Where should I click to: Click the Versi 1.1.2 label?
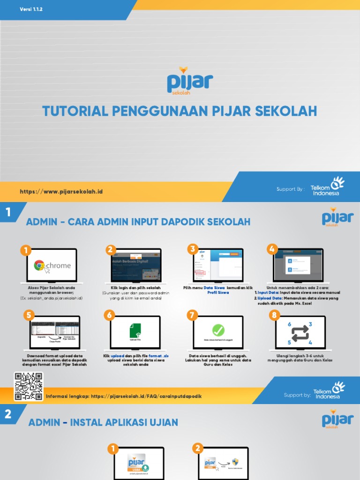click(x=31, y=9)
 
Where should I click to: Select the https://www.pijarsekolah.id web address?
click(x=61, y=192)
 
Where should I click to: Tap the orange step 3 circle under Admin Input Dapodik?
click(x=192, y=249)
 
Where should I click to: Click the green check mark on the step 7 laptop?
click(x=218, y=330)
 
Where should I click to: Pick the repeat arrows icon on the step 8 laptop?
click(x=300, y=333)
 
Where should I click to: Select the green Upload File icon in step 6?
click(x=135, y=331)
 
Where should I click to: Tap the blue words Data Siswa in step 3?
click(x=214, y=287)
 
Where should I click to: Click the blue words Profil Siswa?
click(x=218, y=292)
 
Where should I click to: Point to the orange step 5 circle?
click(x=29, y=315)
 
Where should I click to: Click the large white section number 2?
click(x=7, y=414)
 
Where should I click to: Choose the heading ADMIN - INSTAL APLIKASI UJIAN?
click(x=103, y=423)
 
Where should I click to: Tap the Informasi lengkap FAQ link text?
click(x=124, y=396)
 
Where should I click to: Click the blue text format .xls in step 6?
click(x=158, y=356)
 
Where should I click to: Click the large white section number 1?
click(x=7, y=213)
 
